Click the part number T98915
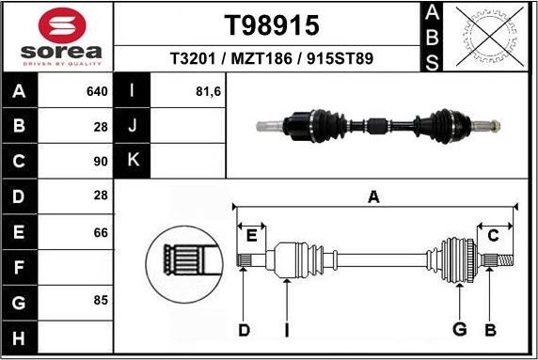[271, 23]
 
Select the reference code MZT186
[271, 58]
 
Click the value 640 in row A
[97, 92]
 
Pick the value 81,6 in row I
[210, 92]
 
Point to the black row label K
[133, 161]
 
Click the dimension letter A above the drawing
[373, 196]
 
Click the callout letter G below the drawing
[460, 329]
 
